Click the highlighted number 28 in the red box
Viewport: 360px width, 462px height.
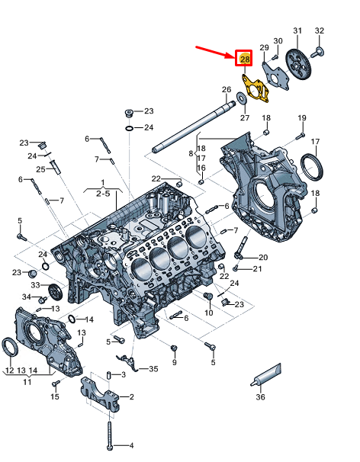point(245,59)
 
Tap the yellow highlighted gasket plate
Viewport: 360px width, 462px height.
point(256,88)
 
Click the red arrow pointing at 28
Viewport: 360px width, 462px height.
point(215,52)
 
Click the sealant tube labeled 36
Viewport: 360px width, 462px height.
point(266,375)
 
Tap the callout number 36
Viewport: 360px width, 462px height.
point(260,397)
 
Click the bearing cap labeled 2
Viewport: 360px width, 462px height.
point(100,395)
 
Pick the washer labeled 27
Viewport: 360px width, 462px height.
point(242,98)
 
